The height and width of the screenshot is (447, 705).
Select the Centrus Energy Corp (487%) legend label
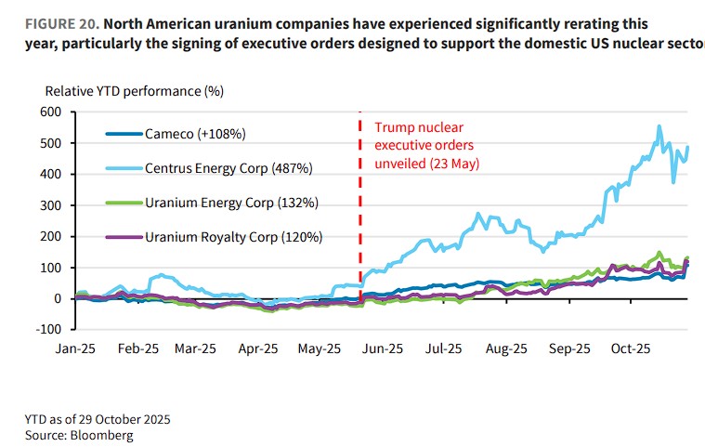(228, 168)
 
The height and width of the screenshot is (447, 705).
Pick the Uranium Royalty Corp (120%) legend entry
(233, 237)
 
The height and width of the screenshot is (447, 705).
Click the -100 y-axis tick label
(47, 330)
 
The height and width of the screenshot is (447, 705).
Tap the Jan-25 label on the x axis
(75, 348)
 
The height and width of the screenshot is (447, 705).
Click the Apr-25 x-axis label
(258, 348)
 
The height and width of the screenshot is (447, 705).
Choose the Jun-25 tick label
(382, 348)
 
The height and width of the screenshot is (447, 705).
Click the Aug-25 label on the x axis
(507, 348)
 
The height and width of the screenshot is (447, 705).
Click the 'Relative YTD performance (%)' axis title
(135, 91)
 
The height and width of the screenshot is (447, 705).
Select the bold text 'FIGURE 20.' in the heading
(49, 23)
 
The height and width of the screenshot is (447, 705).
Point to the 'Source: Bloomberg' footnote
(79, 434)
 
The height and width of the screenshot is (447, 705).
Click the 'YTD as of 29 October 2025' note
(98, 419)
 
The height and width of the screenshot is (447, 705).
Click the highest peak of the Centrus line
(659, 126)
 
